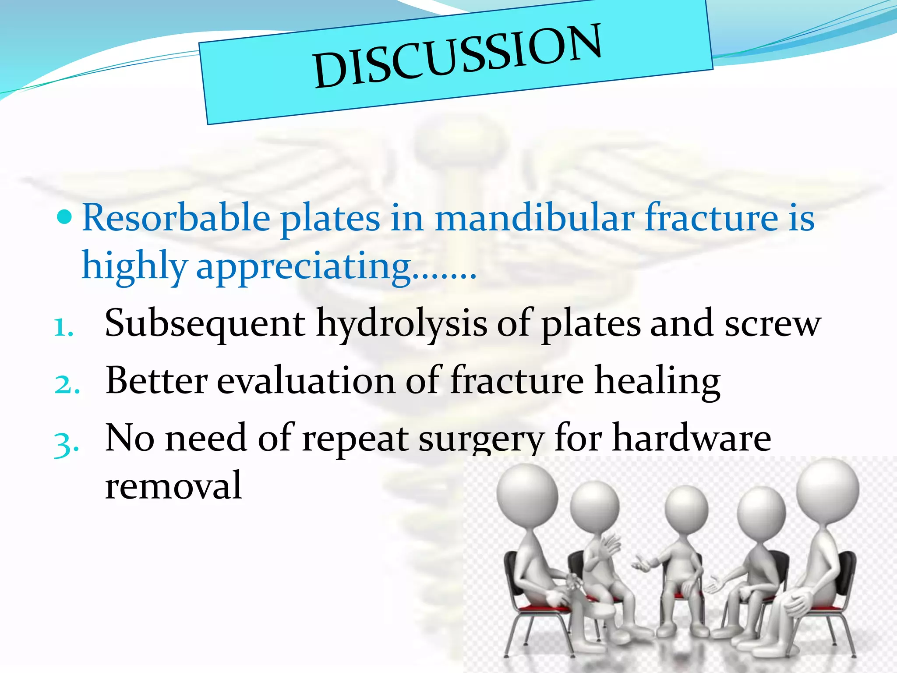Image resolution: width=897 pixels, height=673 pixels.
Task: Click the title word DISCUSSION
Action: [458, 56]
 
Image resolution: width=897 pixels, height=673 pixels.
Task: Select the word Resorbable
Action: [176, 218]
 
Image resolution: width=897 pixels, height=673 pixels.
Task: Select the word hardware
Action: [692, 438]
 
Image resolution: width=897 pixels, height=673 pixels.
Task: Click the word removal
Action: [173, 485]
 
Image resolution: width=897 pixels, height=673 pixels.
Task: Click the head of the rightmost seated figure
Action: [827, 488]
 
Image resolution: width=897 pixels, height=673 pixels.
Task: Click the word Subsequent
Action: [205, 324]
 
